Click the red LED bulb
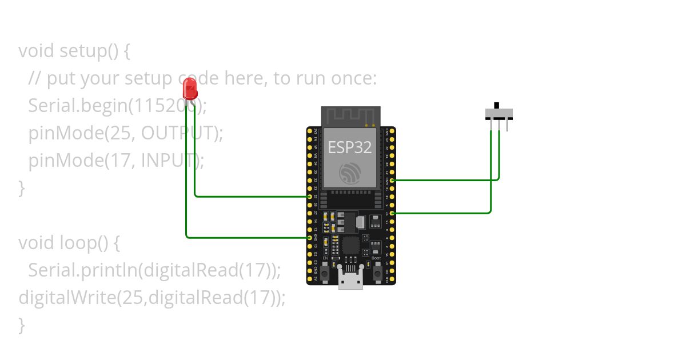click(x=190, y=89)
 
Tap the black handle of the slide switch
click(x=496, y=106)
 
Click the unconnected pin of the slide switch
click(x=507, y=125)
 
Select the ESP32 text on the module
click(x=350, y=147)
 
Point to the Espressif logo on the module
click(x=349, y=173)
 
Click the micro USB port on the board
click(x=350, y=280)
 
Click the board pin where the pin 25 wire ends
click(x=309, y=197)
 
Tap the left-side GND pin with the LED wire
click(x=309, y=237)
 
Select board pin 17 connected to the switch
click(x=392, y=213)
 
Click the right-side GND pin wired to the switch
click(x=392, y=180)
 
